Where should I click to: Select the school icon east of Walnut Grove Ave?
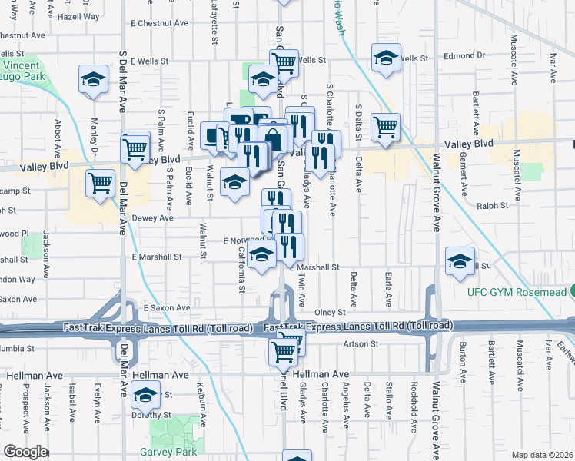tap(460, 262)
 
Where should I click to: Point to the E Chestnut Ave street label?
tap(159, 23)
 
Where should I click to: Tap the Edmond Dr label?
tap(464, 55)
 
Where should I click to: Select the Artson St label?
tap(358, 343)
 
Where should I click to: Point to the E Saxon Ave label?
tap(167, 307)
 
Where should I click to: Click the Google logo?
tap(25, 452)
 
